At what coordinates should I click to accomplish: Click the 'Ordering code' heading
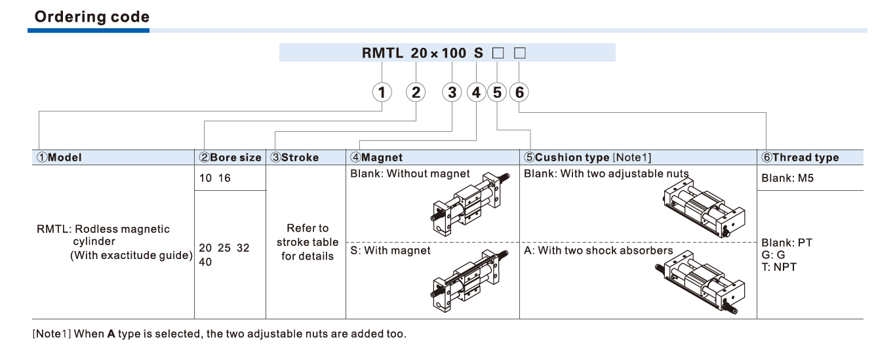coord(92,16)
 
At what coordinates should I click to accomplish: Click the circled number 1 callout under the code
coord(382,92)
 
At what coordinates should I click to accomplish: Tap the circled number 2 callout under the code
coord(416,92)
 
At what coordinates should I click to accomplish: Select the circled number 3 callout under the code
coord(452,92)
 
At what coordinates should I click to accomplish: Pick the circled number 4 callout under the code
coord(476,92)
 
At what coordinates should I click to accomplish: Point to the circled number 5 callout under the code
coord(498,92)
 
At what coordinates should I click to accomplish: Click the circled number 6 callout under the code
coord(519,92)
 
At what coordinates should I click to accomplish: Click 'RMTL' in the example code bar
coord(382,53)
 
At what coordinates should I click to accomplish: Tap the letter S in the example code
coord(478,53)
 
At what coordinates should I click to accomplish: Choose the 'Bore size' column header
coord(230,157)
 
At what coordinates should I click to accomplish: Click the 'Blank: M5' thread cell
coord(787,178)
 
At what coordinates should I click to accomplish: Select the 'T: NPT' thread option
coord(778,267)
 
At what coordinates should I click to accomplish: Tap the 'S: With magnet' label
coord(391,250)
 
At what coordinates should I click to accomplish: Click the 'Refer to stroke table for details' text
coord(308,242)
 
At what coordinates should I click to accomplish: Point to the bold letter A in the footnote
coord(111,334)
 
